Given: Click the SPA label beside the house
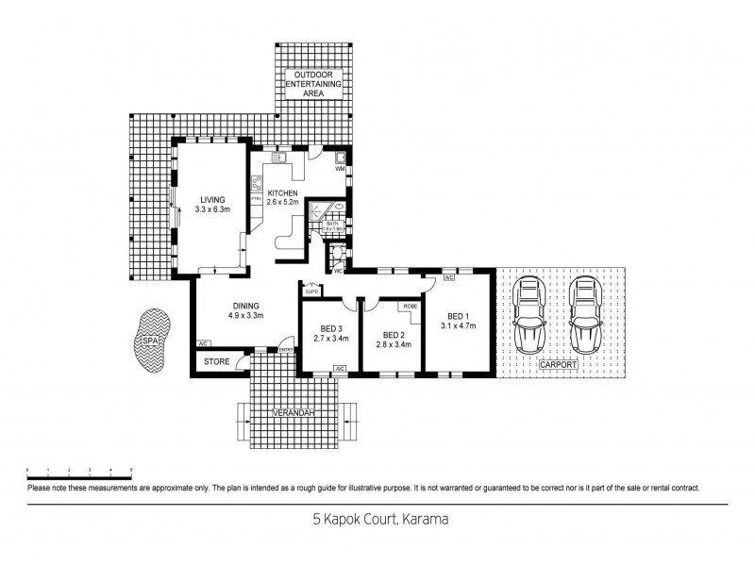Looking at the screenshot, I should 149,345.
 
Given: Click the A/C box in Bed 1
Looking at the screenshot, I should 448,278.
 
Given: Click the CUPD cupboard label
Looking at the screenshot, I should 310,291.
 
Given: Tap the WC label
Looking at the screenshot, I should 336,271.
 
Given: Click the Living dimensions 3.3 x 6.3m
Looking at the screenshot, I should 212,209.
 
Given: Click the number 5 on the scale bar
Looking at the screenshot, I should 130,469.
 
